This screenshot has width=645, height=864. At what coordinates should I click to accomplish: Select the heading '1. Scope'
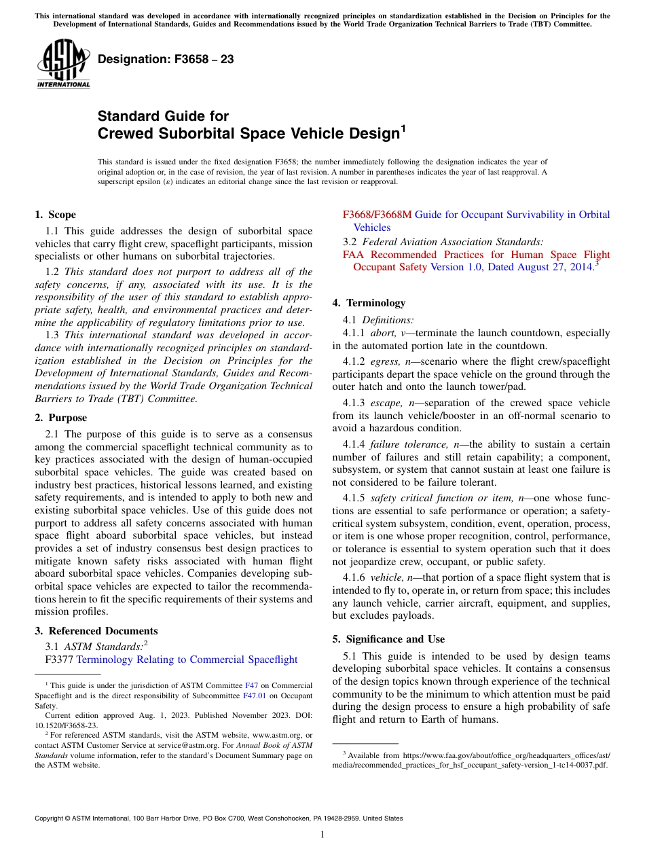click(x=55, y=215)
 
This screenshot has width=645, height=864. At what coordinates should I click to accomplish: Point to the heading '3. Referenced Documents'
click(x=96, y=631)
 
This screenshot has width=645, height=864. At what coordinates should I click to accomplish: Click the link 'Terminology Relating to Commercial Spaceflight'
click(x=187, y=660)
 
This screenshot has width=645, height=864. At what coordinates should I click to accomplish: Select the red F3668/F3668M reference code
click(x=377, y=215)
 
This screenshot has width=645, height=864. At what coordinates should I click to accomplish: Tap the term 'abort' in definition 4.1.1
click(x=383, y=334)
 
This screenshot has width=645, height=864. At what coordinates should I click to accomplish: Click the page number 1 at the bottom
click(x=322, y=834)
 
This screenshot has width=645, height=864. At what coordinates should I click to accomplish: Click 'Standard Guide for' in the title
click(x=163, y=116)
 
